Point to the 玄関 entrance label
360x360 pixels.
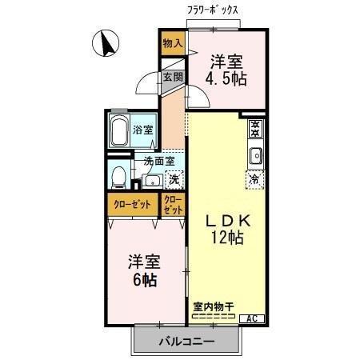pos(173,78)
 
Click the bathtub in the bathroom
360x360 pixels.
pos(121,130)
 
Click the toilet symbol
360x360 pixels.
pos(118,175)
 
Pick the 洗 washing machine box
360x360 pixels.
pos(172,180)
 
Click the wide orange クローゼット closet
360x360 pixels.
pos(133,204)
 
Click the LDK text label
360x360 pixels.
pos(227,220)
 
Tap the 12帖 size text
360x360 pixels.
pos(227,238)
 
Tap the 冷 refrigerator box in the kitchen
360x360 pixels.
pos(254,180)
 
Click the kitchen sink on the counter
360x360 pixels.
pos(254,154)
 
